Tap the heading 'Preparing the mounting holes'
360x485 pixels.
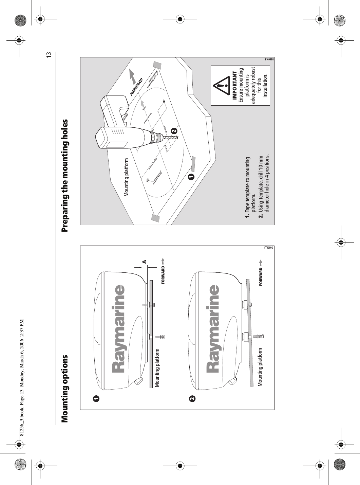click(65, 175)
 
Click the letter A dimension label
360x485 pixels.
click(144, 262)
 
